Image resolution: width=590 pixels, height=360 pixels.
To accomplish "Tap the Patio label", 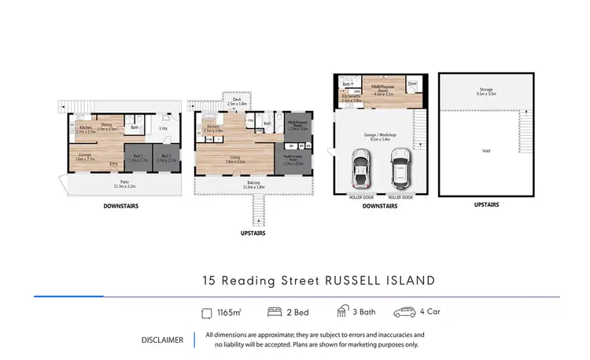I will [x=125, y=185].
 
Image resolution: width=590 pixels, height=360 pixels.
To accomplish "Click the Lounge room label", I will [x=84, y=156].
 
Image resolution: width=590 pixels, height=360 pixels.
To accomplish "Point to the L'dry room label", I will [x=164, y=128].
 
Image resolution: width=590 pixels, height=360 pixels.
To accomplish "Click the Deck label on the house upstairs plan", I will [x=237, y=101].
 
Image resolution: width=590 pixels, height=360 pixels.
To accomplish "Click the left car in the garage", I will [x=360, y=167].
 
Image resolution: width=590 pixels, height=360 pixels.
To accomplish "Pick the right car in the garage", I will [x=400, y=167].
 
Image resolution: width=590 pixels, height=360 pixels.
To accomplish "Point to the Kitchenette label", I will [x=350, y=98].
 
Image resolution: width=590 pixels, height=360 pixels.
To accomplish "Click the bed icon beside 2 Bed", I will [x=275, y=312].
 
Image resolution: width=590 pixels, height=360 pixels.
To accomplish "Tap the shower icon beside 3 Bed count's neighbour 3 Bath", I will [x=342, y=312].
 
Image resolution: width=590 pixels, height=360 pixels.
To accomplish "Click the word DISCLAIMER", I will [x=162, y=340].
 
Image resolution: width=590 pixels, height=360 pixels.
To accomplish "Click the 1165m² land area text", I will [x=229, y=312].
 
